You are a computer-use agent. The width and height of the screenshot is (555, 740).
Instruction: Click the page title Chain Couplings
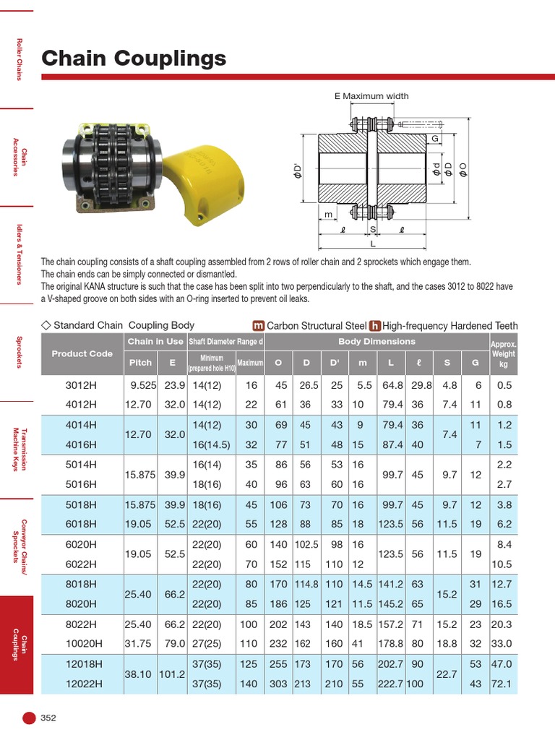134,58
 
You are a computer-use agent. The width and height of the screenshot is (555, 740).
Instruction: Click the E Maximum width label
371,96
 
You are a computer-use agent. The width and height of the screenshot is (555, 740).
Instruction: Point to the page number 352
48,718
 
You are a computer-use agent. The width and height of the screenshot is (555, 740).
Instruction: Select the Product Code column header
82,353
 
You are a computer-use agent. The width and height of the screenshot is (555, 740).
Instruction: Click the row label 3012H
81,385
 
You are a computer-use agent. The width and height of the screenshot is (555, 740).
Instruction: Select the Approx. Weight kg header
503,354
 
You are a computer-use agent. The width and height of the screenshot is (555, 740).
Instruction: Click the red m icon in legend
257,326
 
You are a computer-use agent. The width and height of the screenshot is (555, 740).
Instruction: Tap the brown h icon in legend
376,326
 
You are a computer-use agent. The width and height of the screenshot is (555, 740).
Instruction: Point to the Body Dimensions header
377,341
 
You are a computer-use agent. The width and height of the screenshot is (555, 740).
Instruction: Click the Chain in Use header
155,341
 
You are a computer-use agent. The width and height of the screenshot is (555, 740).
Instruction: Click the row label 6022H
81,564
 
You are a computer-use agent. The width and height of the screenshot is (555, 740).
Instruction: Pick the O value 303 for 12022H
278,683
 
